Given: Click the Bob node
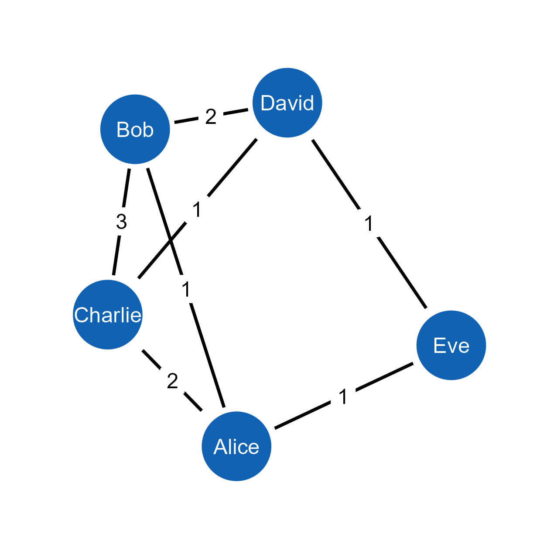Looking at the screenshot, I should (135, 130).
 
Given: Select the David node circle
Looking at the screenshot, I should (287, 103).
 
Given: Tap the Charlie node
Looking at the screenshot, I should (108, 315).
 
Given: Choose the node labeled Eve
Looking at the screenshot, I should (451, 345).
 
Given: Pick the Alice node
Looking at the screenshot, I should (236, 446).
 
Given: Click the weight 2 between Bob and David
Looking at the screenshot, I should (211, 116).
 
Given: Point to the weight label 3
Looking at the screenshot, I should (121, 221).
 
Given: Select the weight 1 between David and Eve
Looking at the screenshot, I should (369, 223).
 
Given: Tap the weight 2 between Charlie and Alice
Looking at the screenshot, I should (172, 381).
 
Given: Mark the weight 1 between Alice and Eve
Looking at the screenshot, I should (343, 396).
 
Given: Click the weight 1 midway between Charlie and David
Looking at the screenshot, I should (197, 209).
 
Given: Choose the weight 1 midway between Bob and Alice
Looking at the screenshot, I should (186, 289).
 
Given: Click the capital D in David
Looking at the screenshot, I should (267, 103).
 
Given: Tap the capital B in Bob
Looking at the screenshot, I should (122, 130).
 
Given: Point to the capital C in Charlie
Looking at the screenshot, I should (81, 315).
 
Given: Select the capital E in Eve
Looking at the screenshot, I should (439, 346).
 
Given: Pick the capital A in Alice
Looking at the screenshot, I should (220, 447).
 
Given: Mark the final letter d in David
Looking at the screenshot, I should (308, 103).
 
